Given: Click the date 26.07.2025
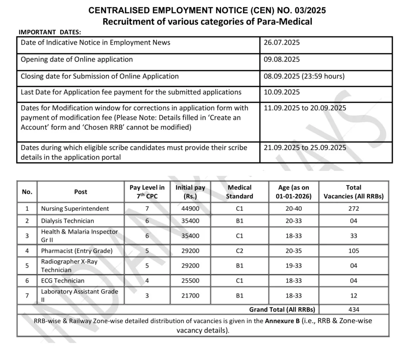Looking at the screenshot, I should pyautogui.click(x=281, y=43).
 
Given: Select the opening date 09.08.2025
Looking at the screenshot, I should pyautogui.click(x=281, y=60).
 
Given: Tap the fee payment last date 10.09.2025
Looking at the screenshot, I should pyautogui.click(x=281, y=92).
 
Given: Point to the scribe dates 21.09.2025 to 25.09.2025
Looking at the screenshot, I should pyautogui.click(x=305, y=148).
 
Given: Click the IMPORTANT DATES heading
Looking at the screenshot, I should pyautogui.click(x=50, y=32).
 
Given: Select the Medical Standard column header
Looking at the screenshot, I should pyautogui.click(x=239, y=192).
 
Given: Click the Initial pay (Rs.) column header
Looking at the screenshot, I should pyautogui.click(x=190, y=192).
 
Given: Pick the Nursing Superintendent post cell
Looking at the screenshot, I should pyautogui.click(x=75, y=208).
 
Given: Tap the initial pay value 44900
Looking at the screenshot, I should pyautogui.click(x=190, y=208).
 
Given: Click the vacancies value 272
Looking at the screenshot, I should pyautogui.click(x=354, y=208).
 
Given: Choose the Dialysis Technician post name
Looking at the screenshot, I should pyautogui.click(x=68, y=221).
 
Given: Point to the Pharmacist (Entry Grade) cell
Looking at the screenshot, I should pyautogui.click(x=77, y=251).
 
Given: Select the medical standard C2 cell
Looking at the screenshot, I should pyautogui.click(x=239, y=251).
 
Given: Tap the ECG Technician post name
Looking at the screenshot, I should pyautogui.click(x=63, y=281).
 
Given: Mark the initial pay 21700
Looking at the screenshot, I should pyautogui.click(x=190, y=296).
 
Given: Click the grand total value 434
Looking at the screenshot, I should pyautogui.click(x=354, y=309).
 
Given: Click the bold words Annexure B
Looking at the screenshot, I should pyautogui.click(x=282, y=320).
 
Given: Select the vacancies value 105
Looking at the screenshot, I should pyautogui.click(x=354, y=251).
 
